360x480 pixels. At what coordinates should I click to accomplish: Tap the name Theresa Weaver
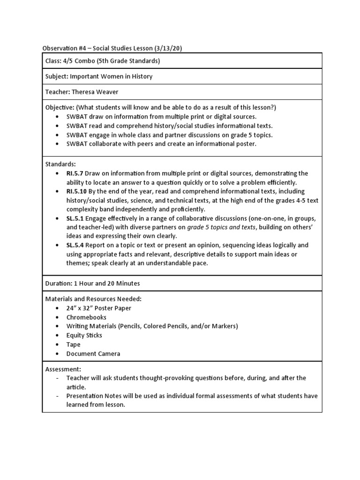tap(96, 92)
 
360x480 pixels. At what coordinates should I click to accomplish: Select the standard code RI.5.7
tap(75, 173)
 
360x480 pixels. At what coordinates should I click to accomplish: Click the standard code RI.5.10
tap(76, 191)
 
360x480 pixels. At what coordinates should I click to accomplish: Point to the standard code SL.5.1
tap(75, 218)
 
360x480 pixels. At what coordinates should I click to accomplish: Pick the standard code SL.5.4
tap(75, 245)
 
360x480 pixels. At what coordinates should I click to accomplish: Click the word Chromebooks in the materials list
tap(86, 317)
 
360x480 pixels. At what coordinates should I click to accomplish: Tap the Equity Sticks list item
tap(84, 335)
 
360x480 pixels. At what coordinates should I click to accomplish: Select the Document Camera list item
tap(93, 353)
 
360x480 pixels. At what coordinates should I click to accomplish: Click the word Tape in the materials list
tap(73, 345)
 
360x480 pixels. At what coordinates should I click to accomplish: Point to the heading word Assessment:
tap(63, 369)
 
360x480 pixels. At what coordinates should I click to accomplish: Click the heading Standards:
tap(60, 165)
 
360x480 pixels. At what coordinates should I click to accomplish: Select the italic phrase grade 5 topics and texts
tap(222, 227)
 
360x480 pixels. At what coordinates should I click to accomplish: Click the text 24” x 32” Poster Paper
tap(98, 308)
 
